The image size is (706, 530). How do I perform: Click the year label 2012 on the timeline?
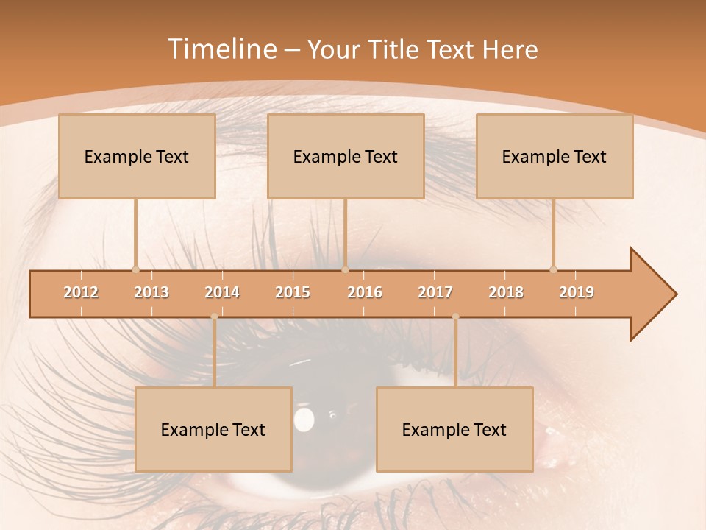click(x=81, y=292)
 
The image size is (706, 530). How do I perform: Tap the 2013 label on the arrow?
click(x=151, y=292)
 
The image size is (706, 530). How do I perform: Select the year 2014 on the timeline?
click(x=222, y=292)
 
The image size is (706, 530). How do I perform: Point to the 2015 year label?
click(x=293, y=292)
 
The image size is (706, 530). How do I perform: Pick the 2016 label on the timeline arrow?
click(x=365, y=292)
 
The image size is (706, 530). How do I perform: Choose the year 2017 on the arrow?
click(x=435, y=292)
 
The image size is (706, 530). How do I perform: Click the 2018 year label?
click(x=506, y=292)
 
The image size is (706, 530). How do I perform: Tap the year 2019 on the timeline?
click(x=577, y=292)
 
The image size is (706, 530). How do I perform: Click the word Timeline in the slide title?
click(x=221, y=49)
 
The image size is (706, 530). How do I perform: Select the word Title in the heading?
click(x=394, y=49)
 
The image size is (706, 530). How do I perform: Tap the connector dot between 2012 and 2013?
click(x=135, y=269)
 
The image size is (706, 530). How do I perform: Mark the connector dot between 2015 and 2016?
click(x=345, y=269)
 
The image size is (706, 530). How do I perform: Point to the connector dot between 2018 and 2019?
click(x=553, y=269)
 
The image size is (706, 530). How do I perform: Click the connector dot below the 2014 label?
click(x=214, y=317)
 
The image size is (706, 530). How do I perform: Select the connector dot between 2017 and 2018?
click(x=455, y=317)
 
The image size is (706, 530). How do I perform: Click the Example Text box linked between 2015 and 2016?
click(x=346, y=156)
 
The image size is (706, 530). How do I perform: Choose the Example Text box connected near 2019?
click(x=555, y=156)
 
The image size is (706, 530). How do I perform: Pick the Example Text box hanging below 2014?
click(x=213, y=429)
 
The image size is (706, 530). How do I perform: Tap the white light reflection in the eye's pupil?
click(x=304, y=419)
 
